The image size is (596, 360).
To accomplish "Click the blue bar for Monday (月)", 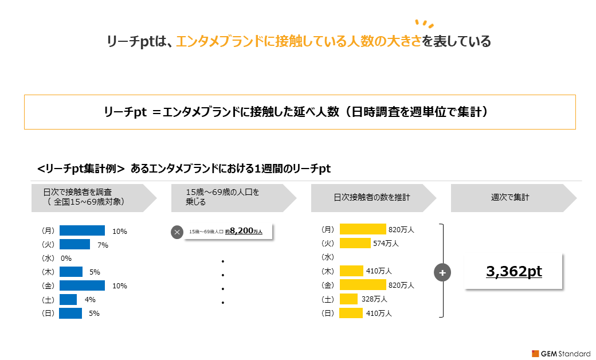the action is [x=82, y=230].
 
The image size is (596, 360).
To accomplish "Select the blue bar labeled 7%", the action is [x=75, y=244].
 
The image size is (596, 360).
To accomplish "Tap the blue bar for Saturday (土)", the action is [x=68, y=300].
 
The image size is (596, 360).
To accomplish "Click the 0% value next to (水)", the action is [x=66, y=259].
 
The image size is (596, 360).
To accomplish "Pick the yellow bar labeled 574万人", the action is [x=355, y=243].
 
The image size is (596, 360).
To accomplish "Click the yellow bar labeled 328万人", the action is [x=348, y=299].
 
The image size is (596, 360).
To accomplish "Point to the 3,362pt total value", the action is [x=514, y=271].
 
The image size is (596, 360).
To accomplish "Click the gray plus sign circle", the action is [x=442, y=272].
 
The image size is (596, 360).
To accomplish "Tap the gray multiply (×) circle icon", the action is [x=177, y=232].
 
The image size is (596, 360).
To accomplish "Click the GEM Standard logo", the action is [x=561, y=354].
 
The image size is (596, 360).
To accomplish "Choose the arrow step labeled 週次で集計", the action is [x=513, y=198].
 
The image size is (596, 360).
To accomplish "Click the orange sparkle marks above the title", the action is [x=424, y=24].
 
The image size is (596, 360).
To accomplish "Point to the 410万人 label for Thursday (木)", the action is [x=379, y=271].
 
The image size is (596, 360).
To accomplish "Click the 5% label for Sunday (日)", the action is [x=94, y=313].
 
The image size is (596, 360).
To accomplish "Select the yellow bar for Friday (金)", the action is [x=363, y=285].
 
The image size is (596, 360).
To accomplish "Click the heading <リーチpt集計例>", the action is [x=81, y=169].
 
